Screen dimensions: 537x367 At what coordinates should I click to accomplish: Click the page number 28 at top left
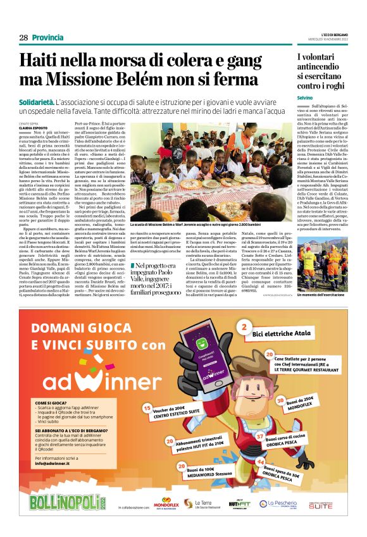coord(23,38)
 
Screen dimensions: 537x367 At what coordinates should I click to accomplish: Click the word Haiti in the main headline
coord(39,62)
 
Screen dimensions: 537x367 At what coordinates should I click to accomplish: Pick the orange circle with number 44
coord(261,463)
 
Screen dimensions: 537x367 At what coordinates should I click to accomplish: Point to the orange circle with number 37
coord(259,436)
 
